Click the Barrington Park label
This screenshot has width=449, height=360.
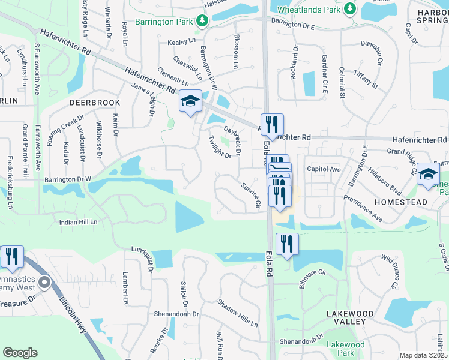click(163, 22)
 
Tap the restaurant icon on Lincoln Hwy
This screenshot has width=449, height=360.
click(12, 256)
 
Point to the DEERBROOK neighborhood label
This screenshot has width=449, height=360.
click(95, 103)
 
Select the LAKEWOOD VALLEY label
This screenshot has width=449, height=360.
click(346, 317)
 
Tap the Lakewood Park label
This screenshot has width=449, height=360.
click(345, 349)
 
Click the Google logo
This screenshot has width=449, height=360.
click(20, 352)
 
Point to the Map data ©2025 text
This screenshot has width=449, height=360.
click(423, 355)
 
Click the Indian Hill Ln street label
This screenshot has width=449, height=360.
click(79, 222)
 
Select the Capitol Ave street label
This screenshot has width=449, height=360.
click(324, 169)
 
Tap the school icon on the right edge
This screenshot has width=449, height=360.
click(428, 174)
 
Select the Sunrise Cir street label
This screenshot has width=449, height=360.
click(250, 195)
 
